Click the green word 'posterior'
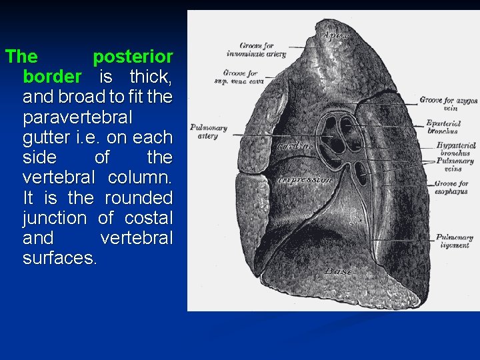pos(133,57)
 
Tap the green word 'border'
pos(52,77)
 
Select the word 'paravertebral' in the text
pos(78,117)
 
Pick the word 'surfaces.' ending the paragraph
pos(60,258)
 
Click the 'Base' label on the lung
pos(339,272)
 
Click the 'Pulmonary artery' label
pos(209,132)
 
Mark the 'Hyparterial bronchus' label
pos(454,149)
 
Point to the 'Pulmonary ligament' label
pos(454,241)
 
